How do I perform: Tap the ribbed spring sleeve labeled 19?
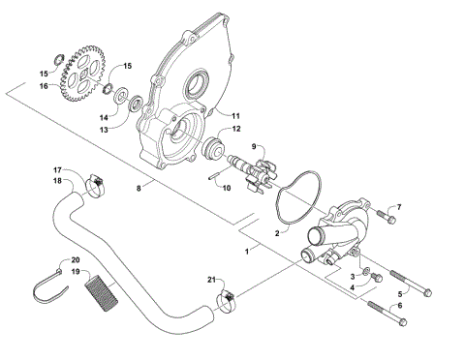tap(101, 288)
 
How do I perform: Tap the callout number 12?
tap(236, 129)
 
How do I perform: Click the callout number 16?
tap(42, 86)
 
